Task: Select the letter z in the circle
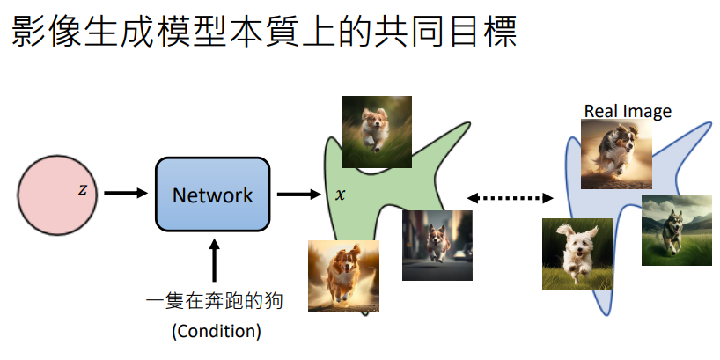(83, 189)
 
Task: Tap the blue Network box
(212, 195)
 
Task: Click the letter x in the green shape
(341, 193)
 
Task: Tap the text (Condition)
(216, 331)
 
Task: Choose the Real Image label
(628, 111)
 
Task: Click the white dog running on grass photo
(577, 254)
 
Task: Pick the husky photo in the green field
(676, 230)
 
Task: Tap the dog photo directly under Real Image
(616, 155)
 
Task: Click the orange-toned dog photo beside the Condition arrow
(343, 276)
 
